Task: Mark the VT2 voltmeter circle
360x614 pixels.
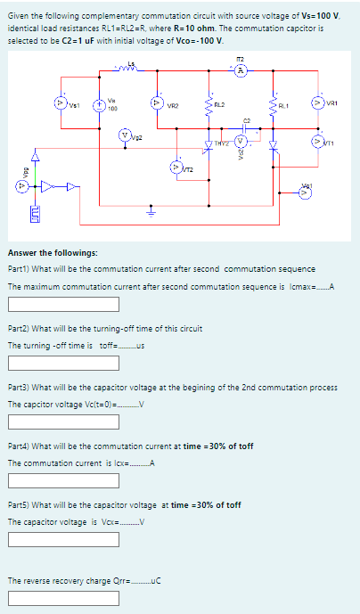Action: [176, 167]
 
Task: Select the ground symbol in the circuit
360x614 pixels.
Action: [151, 212]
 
